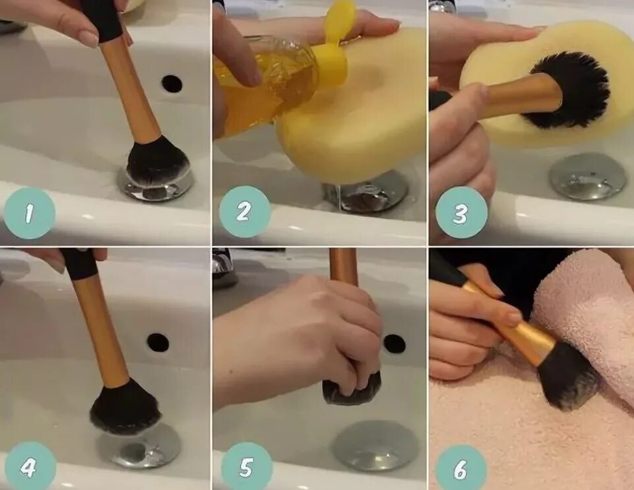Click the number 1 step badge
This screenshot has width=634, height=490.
tap(29, 213)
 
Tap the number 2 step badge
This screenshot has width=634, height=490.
tap(244, 212)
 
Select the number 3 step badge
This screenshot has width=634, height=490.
tap(461, 212)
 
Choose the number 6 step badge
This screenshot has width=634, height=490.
tap(460, 468)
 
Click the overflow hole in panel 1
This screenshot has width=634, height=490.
tap(172, 83)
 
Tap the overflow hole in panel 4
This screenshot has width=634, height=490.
tap(158, 342)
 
